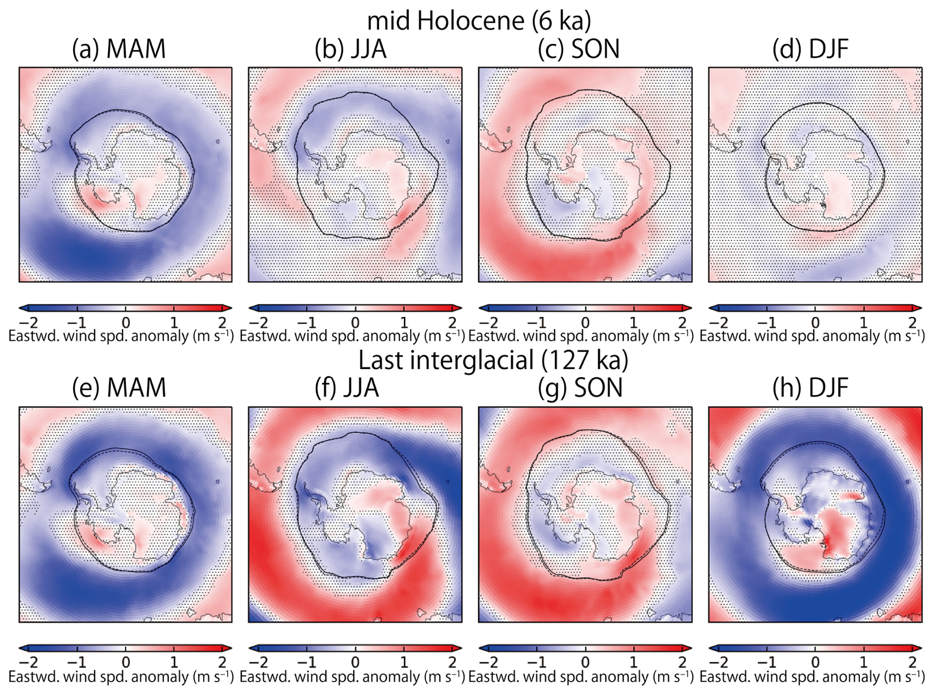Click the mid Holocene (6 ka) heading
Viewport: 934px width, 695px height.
pos(479,21)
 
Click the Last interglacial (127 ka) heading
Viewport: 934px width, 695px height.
pos(493,360)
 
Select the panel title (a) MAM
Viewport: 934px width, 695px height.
pos(119,49)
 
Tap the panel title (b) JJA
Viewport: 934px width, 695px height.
pos(350,49)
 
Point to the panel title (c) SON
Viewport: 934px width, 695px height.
pos(579,49)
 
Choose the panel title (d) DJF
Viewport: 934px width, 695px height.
pos(810,49)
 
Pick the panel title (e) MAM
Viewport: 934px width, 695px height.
pos(119,388)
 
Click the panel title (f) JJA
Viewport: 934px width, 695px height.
pos(347,388)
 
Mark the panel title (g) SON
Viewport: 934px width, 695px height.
pos(580,388)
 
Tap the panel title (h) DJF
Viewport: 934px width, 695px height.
pos(810,388)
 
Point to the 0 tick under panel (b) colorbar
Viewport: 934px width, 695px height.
pos(355,323)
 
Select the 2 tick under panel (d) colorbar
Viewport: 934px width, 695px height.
pos(912,323)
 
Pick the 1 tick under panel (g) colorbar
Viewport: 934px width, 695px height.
pos(634,662)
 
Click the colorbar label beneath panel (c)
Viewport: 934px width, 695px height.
pos(581,336)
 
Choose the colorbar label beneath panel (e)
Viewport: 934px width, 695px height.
pos(121,677)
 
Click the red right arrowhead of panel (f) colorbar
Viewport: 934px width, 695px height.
pos(458,648)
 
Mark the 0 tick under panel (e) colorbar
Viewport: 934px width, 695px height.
pos(126,662)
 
